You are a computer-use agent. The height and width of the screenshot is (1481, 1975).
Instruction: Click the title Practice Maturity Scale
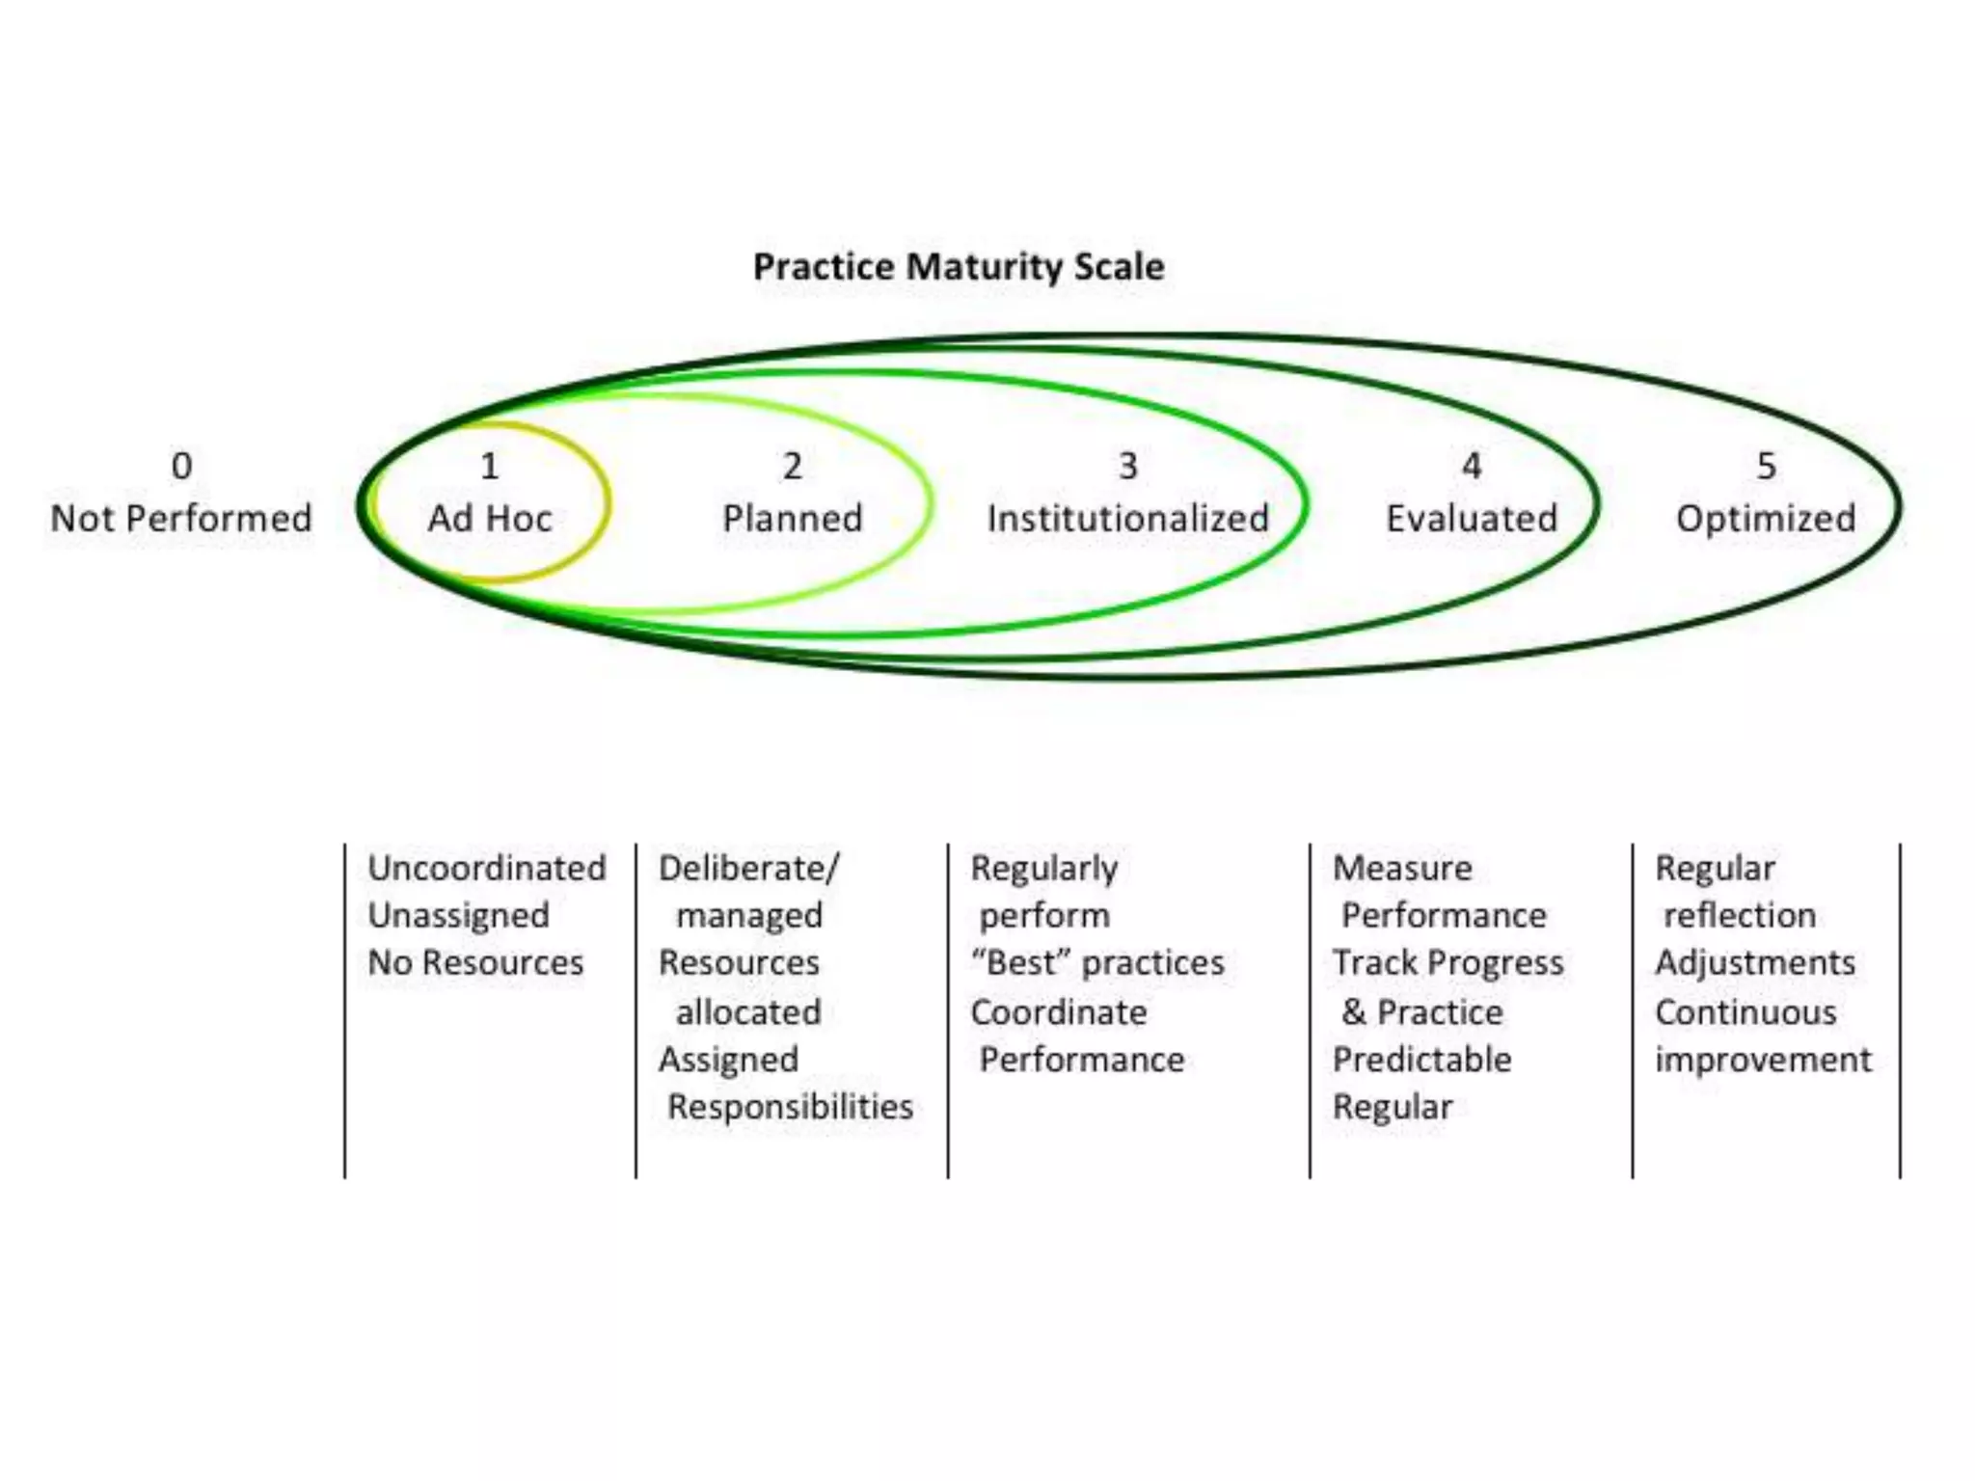[x=959, y=267]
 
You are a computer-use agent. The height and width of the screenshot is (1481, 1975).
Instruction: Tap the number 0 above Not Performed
[x=181, y=467]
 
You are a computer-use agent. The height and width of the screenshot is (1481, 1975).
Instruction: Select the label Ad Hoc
[x=490, y=519]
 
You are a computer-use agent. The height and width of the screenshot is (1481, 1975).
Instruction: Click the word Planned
[x=793, y=519]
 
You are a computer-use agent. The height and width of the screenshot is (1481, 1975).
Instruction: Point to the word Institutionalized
[x=1127, y=519]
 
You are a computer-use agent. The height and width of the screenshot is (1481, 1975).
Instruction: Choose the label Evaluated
[x=1472, y=519]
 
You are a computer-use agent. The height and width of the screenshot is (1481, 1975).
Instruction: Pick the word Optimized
[x=1766, y=519]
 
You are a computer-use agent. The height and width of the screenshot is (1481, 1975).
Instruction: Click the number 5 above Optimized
[x=1766, y=467]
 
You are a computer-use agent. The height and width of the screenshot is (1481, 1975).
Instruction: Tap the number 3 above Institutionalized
[x=1128, y=467]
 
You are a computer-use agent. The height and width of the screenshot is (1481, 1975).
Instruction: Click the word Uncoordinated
[x=487, y=868]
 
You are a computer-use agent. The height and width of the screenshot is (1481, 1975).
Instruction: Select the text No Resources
[x=475, y=962]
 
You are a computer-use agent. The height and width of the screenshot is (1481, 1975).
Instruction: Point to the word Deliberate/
[x=748, y=868]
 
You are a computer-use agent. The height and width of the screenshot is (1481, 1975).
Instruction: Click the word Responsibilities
[x=790, y=1106]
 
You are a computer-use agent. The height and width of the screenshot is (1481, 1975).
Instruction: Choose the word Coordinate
[x=1059, y=1012]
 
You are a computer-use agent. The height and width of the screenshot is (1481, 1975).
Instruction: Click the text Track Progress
[x=1447, y=962]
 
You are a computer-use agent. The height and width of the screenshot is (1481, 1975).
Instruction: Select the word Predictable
[x=1421, y=1059]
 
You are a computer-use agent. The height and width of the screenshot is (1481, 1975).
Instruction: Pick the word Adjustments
[x=1755, y=962]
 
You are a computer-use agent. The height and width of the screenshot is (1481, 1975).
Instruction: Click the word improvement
[x=1763, y=1060]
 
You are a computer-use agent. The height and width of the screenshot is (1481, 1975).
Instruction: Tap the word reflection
[x=1740, y=915]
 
